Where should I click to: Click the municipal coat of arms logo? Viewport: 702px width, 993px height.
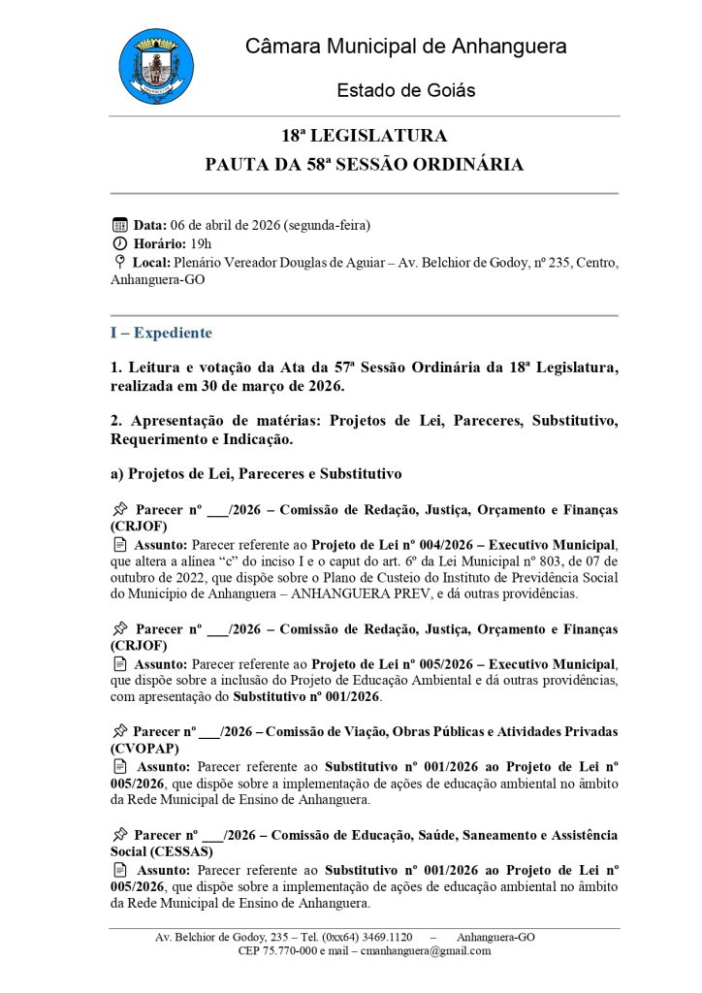[x=155, y=66]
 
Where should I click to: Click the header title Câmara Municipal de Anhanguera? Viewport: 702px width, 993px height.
[x=405, y=46]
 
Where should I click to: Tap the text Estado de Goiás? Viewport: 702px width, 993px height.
[x=405, y=90]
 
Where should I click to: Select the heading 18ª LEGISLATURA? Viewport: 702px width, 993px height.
[x=364, y=136]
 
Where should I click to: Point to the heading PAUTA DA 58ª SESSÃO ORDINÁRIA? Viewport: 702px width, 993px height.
[x=364, y=165]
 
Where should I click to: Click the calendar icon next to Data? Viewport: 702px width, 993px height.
[x=120, y=225]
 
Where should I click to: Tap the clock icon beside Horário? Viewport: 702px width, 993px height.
[x=120, y=243]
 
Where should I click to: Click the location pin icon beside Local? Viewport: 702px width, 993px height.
[x=119, y=262]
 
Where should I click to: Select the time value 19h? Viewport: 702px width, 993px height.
[x=201, y=243]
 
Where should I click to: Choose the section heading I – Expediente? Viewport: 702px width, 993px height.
[x=160, y=333]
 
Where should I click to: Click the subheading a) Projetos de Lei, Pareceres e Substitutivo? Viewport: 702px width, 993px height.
[x=255, y=474]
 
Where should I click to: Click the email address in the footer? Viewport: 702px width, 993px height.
[x=425, y=951]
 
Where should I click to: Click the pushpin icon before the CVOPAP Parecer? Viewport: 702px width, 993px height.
[x=120, y=731]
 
